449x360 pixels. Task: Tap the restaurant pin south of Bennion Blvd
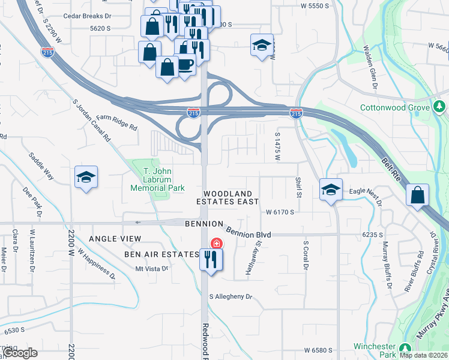coord(209,259)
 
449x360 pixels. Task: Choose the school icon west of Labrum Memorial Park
coord(86,177)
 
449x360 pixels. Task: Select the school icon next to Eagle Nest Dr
coord(330,190)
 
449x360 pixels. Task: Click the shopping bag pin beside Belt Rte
coord(417,195)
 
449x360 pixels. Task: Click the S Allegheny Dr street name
coord(231,296)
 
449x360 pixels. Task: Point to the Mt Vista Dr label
coord(151,268)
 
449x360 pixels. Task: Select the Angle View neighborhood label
coord(115,239)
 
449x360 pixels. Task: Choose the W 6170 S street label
coord(280,212)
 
